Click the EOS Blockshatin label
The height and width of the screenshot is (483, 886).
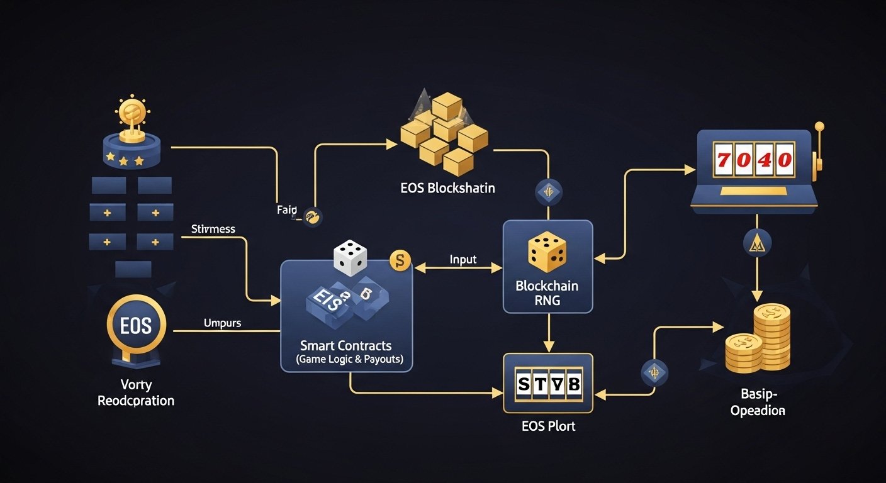[447, 187]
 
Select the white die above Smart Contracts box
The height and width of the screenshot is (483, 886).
[350, 257]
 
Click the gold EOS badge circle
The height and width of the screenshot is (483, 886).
[137, 326]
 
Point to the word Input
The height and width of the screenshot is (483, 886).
[463, 259]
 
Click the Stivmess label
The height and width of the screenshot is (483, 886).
[213, 229]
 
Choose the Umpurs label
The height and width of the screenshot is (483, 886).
[223, 323]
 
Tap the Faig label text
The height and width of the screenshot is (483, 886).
[286, 210]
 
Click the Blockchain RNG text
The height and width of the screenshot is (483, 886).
[547, 293]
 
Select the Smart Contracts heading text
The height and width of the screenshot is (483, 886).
[345, 345]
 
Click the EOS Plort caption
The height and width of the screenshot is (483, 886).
[549, 426]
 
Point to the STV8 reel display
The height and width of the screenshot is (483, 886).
[547, 383]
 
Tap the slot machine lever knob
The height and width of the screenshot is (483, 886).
[819, 126]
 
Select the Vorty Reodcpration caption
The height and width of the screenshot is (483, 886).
[136, 392]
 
